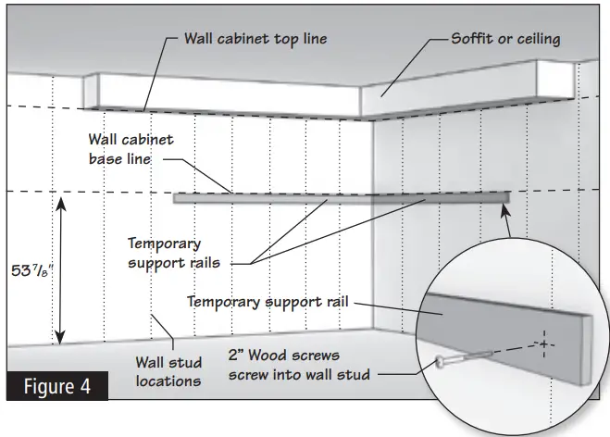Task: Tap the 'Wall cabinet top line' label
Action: (255, 39)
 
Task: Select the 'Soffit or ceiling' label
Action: (505, 39)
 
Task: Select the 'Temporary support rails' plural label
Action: (163, 254)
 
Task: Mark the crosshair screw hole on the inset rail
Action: (544, 344)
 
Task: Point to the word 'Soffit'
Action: (471, 39)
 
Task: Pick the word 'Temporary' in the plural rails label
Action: (164, 244)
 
